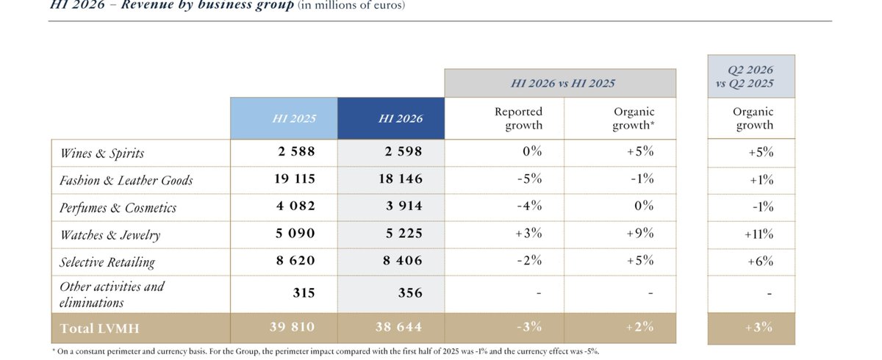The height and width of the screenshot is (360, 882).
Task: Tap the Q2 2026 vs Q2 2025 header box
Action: [x=751, y=76]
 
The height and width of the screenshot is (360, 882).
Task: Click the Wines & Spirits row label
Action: [x=102, y=153]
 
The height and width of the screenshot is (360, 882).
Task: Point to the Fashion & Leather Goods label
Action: [x=126, y=180]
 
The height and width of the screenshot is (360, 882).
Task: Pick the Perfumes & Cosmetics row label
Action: [x=118, y=207]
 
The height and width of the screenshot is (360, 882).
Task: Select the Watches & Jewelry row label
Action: [x=110, y=235]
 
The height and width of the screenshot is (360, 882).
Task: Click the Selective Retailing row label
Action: [x=107, y=262]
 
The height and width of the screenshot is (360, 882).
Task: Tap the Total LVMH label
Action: [x=99, y=328]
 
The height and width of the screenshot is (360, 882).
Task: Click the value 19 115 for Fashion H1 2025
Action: [x=295, y=179]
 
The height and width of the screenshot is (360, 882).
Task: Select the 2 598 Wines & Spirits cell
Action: [x=404, y=151]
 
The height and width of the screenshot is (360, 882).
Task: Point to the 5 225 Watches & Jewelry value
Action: [x=404, y=234]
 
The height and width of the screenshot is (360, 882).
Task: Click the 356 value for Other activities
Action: [x=410, y=292]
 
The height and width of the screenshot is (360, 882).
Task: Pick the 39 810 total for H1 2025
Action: [x=293, y=327]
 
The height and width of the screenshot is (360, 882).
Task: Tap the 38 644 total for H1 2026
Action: [x=398, y=327]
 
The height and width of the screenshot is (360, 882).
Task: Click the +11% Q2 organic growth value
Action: [x=759, y=234]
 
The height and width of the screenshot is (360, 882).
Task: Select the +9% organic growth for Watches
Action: [x=640, y=234]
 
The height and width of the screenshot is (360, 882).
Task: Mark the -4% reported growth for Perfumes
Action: [x=530, y=206]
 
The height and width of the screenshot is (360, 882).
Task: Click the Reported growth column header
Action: [x=518, y=118]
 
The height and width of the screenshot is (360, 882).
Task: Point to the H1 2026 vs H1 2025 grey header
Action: [x=563, y=84]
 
